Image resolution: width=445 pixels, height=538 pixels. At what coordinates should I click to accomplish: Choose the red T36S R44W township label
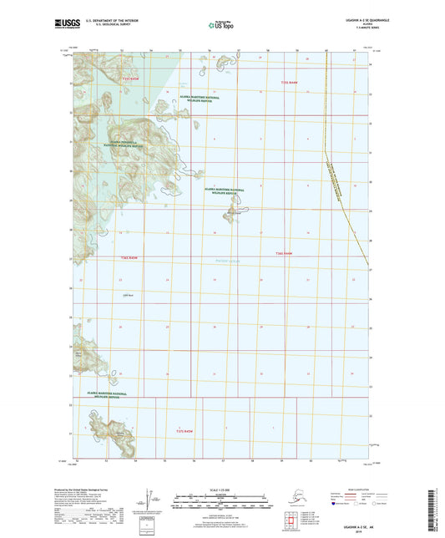(x=285, y=252)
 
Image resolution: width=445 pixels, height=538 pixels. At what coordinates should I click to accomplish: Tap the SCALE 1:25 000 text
(x=222, y=488)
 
